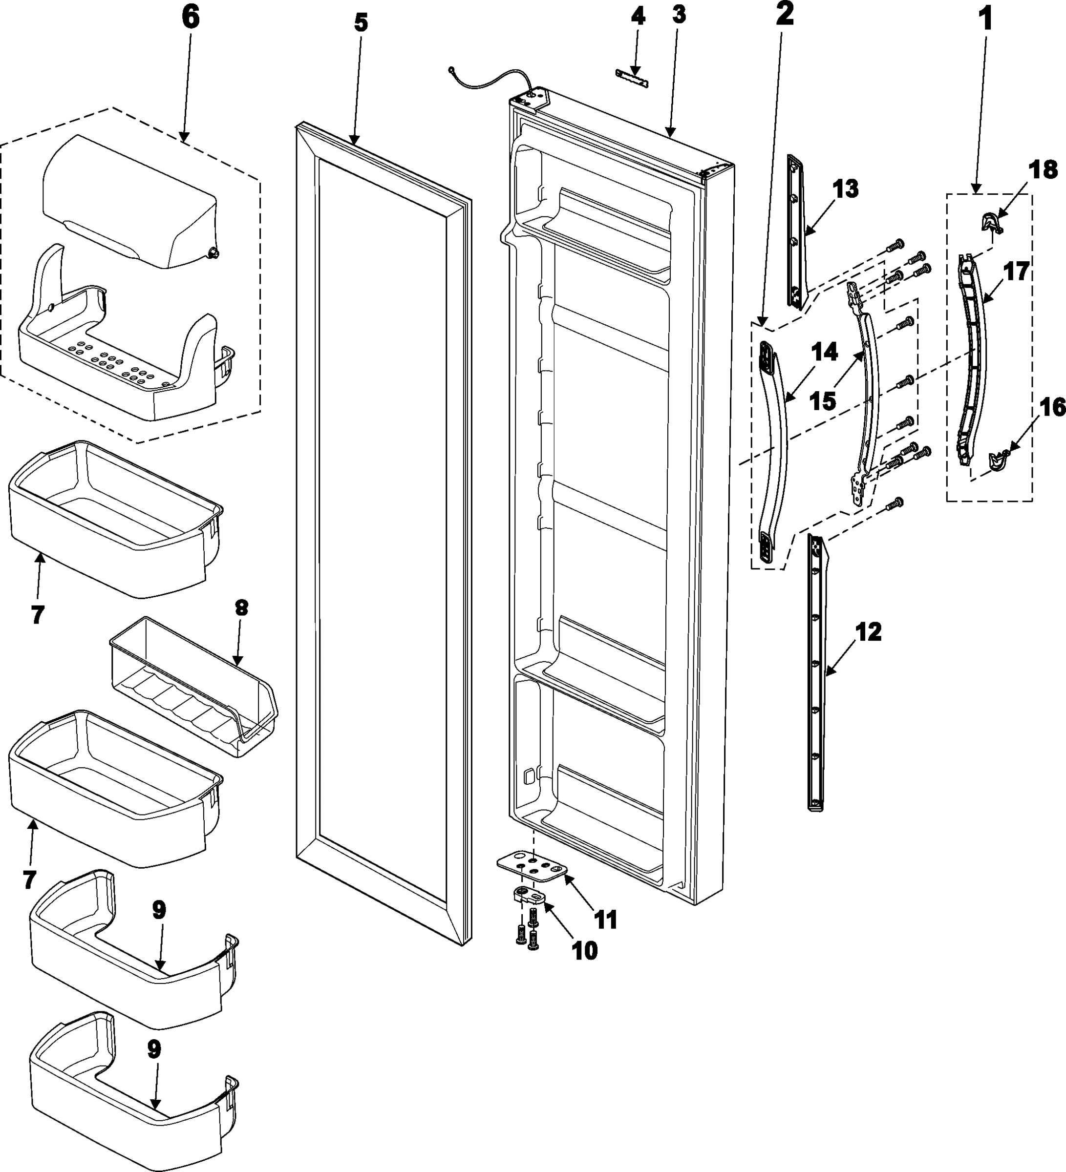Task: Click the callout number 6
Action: pyautogui.click(x=190, y=18)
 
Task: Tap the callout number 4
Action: pyautogui.click(x=638, y=16)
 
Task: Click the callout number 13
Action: pyautogui.click(x=845, y=189)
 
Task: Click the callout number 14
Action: pyautogui.click(x=825, y=352)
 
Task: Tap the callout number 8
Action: pyautogui.click(x=241, y=607)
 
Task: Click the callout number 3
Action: pyautogui.click(x=679, y=16)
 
